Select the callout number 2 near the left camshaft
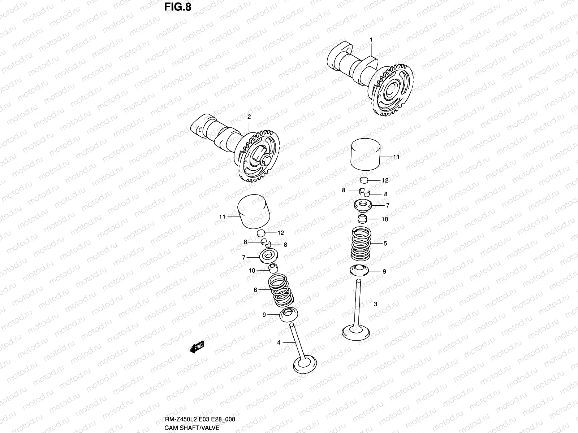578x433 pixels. point(249,117)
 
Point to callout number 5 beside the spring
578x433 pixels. point(385,244)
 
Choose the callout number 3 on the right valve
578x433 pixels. point(375,304)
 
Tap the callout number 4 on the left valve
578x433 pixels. point(279,342)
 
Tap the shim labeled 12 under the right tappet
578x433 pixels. point(364,180)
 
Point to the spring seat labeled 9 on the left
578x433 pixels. point(289,315)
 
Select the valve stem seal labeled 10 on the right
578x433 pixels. point(363,219)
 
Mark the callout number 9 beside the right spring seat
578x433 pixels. point(384,271)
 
